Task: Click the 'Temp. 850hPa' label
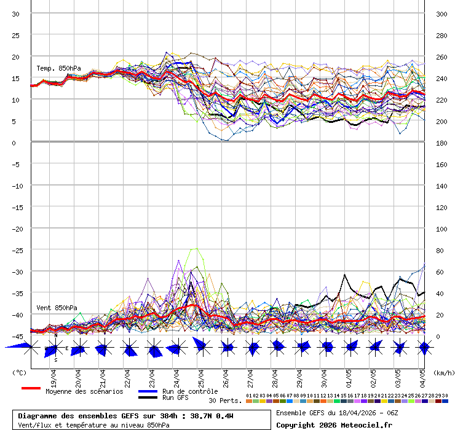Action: (x=58, y=68)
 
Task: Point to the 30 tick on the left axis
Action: (x=16, y=14)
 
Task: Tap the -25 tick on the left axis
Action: (x=16, y=250)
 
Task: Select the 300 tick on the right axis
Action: (x=441, y=14)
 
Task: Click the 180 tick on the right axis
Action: (x=441, y=143)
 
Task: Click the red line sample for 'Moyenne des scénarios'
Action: (x=31, y=388)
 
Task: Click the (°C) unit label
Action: (x=20, y=372)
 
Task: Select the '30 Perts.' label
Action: (x=225, y=401)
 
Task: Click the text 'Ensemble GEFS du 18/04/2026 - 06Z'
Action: (x=337, y=413)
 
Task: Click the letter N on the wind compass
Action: (x=56, y=336)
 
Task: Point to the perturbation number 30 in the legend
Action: (x=445, y=396)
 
